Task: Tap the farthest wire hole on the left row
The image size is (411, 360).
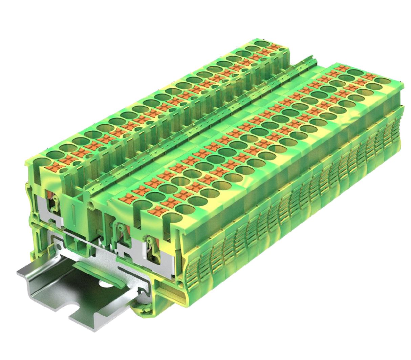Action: click(x=261, y=44)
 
